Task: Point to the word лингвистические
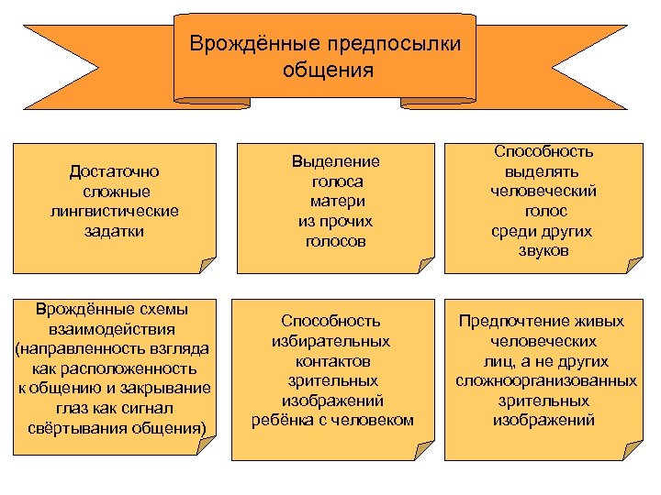click(x=116, y=211)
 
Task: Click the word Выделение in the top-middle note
click(x=336, y=161)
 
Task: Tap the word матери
click(x=336, y=202)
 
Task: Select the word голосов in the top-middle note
click(x=336, y=242)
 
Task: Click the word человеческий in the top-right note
click(x=544, y=191)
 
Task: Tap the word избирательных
click(x=331, y=341)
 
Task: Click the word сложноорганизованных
click(x=546, y=380)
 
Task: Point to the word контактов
click(x=331, y=360)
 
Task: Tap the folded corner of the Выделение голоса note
click(x=425, y=265)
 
